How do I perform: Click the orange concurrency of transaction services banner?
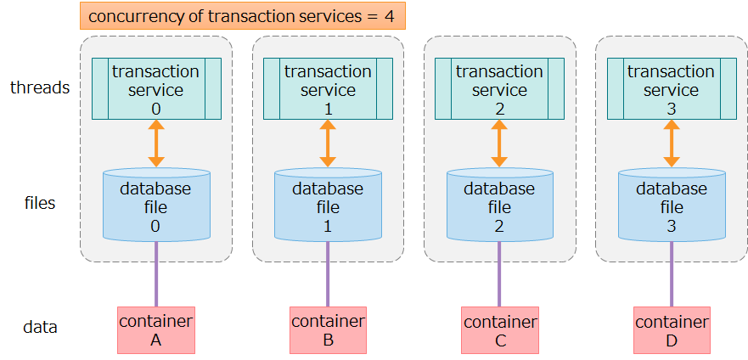click(242, 16)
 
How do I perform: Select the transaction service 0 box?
click(155, 89)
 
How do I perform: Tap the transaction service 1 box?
click(328, 89)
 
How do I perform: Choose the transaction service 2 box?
click(500, 89)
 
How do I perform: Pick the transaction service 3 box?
click(671, 89)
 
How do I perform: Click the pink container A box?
click(155, 330)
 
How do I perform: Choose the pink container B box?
click(328, 330)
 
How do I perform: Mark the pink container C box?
click(500, 330)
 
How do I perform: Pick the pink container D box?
click(671, 330)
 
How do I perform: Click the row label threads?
click(39, 87)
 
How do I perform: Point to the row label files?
click(39, 203)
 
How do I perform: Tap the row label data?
click(39, 327)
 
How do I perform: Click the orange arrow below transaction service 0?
click(155, 143)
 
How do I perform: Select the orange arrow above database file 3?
click(671, 143)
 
